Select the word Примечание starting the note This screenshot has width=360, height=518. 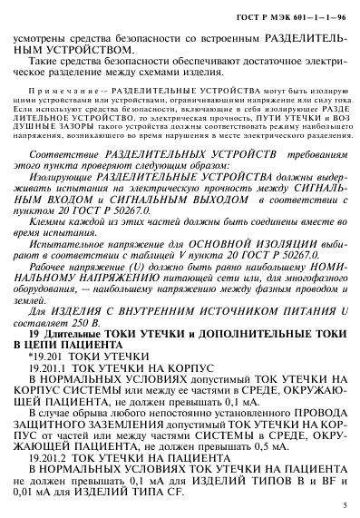(x=80, y=92)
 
